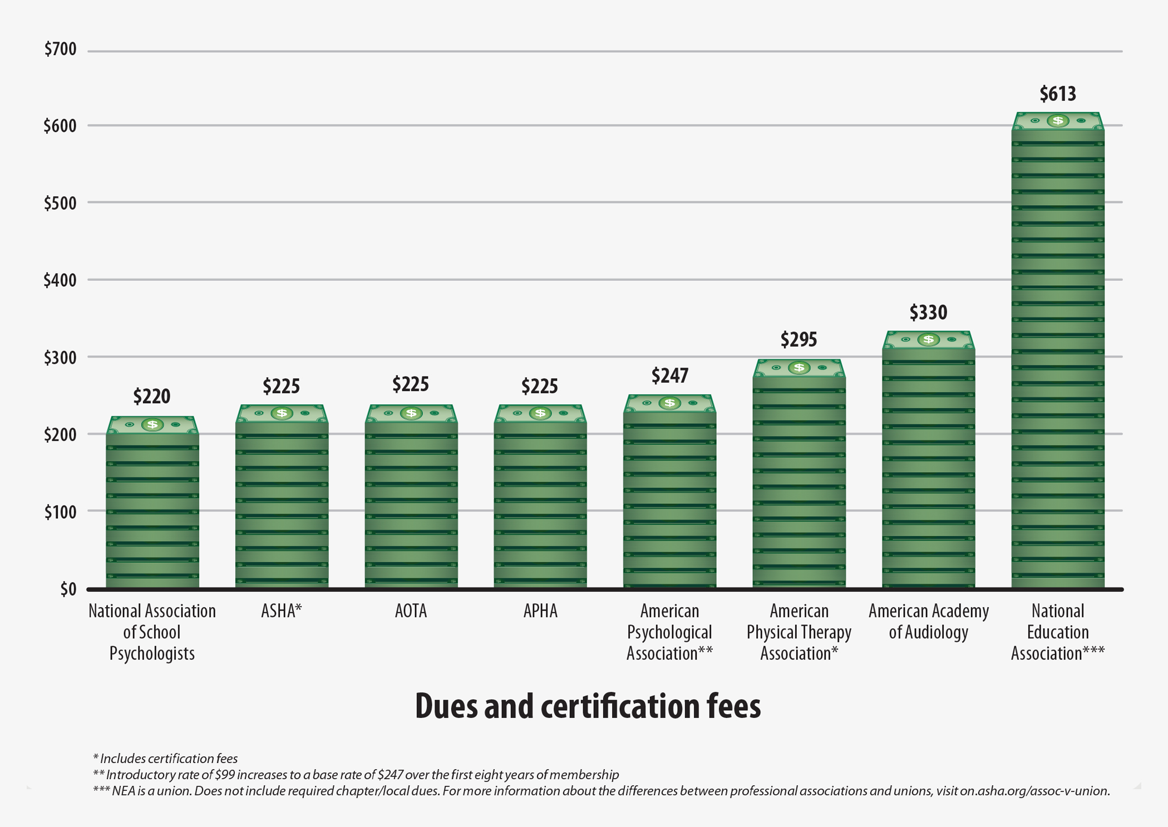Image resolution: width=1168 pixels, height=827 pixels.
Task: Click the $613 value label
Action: [1057, 93]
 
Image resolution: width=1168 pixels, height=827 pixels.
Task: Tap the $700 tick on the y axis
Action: [60, 49]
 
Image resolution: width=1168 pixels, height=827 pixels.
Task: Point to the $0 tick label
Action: [68, 589]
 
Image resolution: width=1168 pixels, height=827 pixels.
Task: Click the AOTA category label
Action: [411, 611]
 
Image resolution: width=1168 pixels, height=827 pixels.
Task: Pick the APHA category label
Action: [540, 611]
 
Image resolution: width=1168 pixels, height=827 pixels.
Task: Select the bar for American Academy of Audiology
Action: [928, 467]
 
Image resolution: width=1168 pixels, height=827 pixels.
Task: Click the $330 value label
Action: [928, 313]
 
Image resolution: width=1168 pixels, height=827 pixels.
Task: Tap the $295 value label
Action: [798, 339]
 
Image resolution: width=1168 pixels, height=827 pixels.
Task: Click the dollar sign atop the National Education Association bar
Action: [1057, 121]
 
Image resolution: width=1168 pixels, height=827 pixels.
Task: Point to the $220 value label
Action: [151, 397]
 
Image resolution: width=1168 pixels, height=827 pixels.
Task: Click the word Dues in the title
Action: [445, 706]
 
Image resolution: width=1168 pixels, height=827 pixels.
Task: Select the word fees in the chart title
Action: [733, 706]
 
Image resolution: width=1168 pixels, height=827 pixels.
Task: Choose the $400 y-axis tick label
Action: [60, 280]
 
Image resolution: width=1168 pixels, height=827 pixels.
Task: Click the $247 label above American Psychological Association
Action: [669, 376]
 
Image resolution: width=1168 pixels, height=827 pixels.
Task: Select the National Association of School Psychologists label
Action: [152, 632]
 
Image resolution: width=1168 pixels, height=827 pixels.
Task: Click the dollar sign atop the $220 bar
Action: [152, 425]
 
